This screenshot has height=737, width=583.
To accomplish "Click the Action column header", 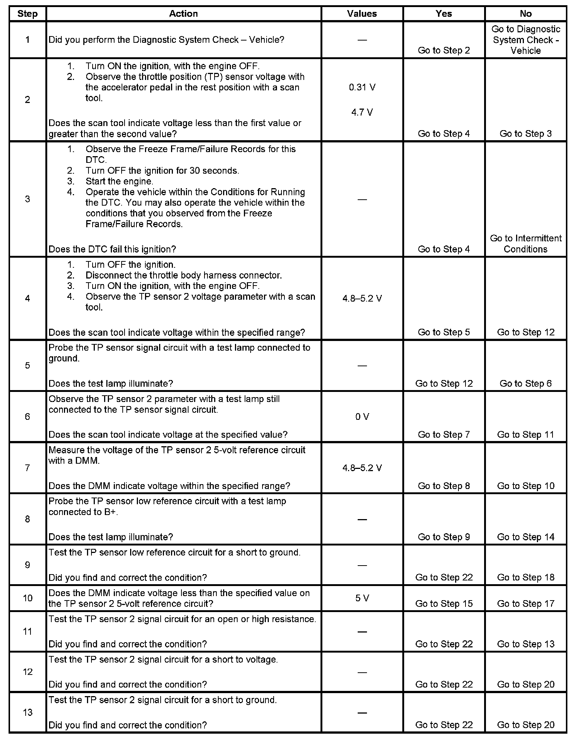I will [183, 14].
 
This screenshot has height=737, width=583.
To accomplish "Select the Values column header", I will [362, 14].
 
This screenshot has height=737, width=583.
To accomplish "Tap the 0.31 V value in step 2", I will [362, 87].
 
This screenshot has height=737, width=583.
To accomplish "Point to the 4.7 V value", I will [362, 112].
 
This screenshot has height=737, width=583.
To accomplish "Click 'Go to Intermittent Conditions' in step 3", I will [525, 244].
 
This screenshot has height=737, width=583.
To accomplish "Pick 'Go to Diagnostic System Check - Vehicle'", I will [525, 40].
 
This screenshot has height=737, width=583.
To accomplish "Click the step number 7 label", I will [28, 468].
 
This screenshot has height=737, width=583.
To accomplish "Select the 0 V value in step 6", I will [362, 417].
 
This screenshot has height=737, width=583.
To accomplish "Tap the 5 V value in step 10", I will [362, 598].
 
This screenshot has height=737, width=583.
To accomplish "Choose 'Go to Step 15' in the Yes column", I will [444, 604].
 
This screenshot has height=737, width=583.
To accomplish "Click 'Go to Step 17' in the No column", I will [525, 604].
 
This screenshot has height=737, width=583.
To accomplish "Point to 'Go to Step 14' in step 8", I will [525, 537].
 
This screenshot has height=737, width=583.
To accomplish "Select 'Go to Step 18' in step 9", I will [525, 577].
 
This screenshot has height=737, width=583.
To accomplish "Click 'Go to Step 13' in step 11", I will [525, 644].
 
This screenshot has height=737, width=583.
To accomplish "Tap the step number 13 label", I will [28, 712].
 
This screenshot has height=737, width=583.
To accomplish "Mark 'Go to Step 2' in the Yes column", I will [444, 51].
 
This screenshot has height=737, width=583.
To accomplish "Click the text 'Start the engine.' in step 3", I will [119, 181].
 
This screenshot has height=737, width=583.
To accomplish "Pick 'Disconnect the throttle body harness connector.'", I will [184, 276].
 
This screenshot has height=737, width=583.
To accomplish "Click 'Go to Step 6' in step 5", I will [525, 383].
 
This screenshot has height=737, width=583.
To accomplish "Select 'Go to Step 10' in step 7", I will [525, 486].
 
